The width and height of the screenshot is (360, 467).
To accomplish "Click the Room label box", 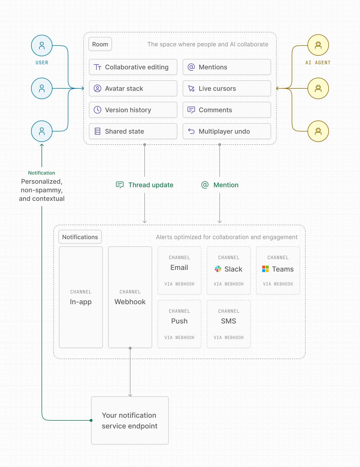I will click(x=100, y=44).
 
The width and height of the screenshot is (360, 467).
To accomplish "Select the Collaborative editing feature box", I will click(x=133, y=67).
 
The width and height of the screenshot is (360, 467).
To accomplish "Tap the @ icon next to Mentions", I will click(x=191, y=67).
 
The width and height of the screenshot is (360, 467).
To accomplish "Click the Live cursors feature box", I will click(x=227, y=88).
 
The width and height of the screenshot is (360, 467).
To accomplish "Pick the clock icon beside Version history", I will click(x=97, y=110).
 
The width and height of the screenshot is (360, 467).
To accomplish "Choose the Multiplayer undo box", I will click(x=227, y=131).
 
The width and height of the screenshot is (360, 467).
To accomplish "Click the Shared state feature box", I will click(x=133, y=131).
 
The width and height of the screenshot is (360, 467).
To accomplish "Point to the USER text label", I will click(x=42, y=63).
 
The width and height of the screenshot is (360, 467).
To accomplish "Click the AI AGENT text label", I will click(x=318, y=63).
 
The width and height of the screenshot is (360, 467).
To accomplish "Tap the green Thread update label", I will click(x=151, y=185).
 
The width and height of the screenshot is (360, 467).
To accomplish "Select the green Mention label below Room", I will click(x=226, y=185).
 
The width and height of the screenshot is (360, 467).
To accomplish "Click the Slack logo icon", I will click(x=218, y=269).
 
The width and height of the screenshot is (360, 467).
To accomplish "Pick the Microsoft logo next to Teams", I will click(x=265, y=269).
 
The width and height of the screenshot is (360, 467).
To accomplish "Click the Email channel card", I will click(x=179, y=270).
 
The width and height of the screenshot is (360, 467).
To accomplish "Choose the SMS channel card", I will click(x=228, y=324).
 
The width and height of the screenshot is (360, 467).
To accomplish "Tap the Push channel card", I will click(x=179, y=324).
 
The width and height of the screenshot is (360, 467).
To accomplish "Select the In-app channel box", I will click(x=81, y=297).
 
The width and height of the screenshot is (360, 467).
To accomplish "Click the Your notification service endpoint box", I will click(x=130, y=420).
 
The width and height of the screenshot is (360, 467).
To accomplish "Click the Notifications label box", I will click(x=80, y=237).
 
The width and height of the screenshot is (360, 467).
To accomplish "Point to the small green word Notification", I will click(x=42, y=173).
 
